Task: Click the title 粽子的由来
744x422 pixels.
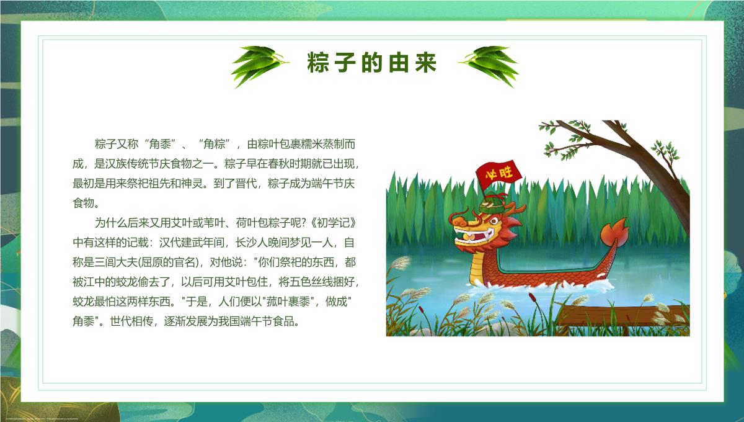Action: pyautogui.click(x=371, y=63)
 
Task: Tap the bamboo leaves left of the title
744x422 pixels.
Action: pyautogui.click(x=259, y=66)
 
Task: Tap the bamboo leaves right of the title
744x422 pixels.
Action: pyautogui.click(x=489, y=66)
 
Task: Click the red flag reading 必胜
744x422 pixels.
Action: pyautogui.click(x=498, y=174)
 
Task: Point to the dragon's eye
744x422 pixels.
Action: pyautogui.click(x=494, y=221)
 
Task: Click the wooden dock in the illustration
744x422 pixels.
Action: pyautogui.click(x=622, y=316)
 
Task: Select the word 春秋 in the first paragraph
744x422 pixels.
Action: pyautogui.click(x=278, y=164)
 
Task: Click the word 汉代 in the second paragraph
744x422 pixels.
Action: pyautogui.click(x=170, y=243)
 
